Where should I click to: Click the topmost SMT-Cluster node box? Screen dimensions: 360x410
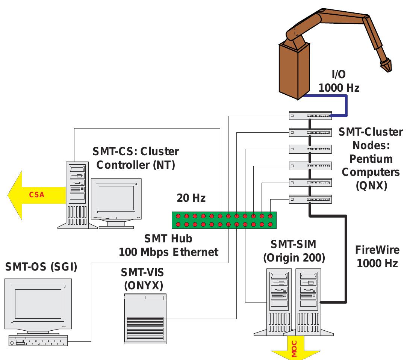(x=310, y=116)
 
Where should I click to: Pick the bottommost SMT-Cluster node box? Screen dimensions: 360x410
(x=310, y=199)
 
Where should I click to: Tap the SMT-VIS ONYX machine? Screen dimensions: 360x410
(x=145, y=318)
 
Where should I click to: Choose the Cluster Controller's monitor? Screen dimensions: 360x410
(x=116, y=199)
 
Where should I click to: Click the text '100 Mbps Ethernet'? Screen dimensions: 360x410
(x=168, y=252)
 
